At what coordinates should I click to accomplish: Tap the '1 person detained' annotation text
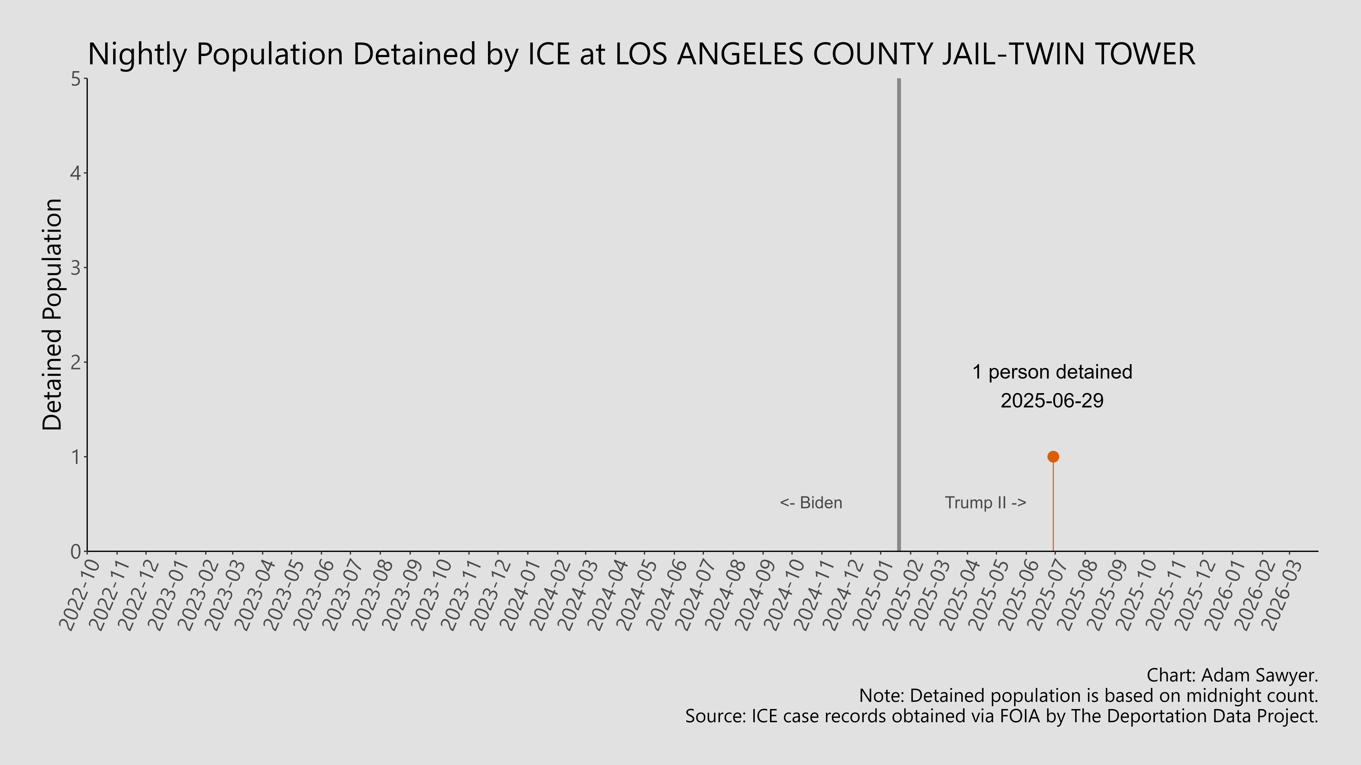1052,372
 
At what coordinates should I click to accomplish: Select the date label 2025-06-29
1052,401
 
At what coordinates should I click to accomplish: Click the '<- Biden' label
811,503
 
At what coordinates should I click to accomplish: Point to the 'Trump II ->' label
985,503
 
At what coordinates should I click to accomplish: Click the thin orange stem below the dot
1053,507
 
